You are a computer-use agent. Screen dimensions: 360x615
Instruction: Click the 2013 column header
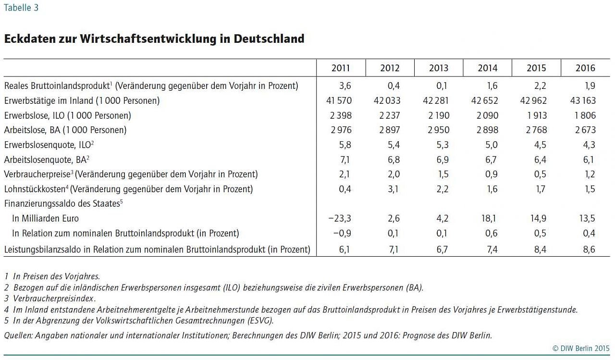coord(439,68)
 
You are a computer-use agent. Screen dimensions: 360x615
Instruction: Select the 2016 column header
coord(585,68)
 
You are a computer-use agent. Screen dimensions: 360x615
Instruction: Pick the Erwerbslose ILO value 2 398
coord(341,115)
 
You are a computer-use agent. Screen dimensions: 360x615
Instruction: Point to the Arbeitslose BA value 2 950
coord(439,130)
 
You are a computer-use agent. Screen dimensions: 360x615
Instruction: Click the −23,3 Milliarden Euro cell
coord(340,219)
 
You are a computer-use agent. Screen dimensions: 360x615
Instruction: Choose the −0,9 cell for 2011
coord(340,234)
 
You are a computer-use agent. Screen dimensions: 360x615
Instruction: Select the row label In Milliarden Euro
coord(46,219)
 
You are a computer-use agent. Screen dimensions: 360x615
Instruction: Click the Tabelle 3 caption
coord(21,8)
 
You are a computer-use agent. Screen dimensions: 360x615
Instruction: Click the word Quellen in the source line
coord(18,335)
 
